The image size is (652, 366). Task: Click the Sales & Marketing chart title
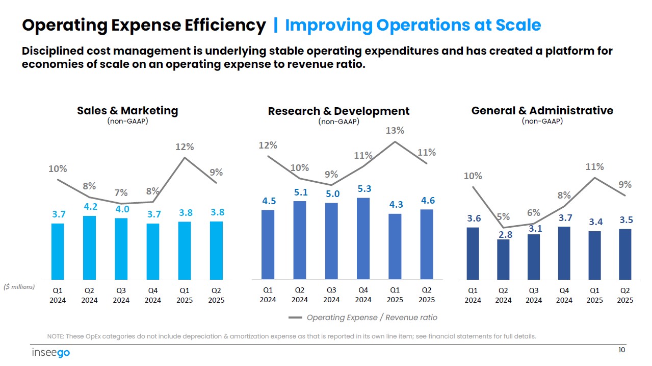click(x=127, y=110)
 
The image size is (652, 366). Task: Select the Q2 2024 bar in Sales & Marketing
click(x=89, y=248)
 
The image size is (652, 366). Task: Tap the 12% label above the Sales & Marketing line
click(x=185, y=147)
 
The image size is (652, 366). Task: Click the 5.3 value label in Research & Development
click(x=364, y=188)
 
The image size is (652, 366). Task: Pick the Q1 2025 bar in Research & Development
click(x=395, y=246)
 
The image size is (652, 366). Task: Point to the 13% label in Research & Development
click(x=395, y=131)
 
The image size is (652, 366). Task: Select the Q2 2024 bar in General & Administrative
click(x=503, y=259)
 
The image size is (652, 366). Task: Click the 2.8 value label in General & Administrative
click(x=506, y=234)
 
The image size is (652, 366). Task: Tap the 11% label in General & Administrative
click(x=594, y=166)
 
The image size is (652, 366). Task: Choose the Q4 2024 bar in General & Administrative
click(x=564, y=253)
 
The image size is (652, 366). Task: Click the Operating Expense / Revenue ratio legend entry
click(x=363, y=318)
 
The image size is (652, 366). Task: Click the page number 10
click(x=621, y=350)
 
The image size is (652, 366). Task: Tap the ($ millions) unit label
click(x=19, y=287)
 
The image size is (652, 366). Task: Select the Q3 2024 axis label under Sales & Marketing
click(x=121, y=295)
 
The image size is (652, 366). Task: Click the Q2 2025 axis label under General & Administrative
click(x=625, y=295)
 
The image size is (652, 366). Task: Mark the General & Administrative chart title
click(x=542, y=110)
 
